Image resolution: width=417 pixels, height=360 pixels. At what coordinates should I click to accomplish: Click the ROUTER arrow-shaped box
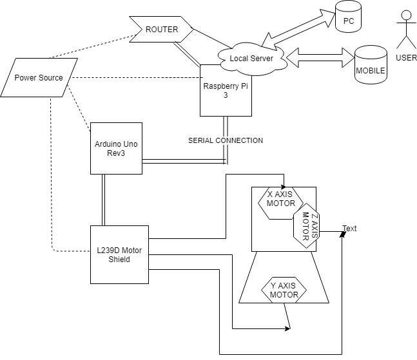(161, 30)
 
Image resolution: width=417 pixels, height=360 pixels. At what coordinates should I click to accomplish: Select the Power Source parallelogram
(39, 78)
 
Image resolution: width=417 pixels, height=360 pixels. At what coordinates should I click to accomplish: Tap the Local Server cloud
(251, 59)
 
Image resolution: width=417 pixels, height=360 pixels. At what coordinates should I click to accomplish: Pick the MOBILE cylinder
(371, 64)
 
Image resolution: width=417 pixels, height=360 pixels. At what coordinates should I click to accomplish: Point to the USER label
(406, 58)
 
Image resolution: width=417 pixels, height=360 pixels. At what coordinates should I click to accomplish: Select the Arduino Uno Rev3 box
(116, 149)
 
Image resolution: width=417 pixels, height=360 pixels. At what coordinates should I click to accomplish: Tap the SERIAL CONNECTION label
(225, 140)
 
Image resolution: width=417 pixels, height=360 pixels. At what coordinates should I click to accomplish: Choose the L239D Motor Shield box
(119, 254)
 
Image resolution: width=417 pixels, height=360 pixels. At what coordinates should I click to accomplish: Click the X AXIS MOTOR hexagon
(280, 200)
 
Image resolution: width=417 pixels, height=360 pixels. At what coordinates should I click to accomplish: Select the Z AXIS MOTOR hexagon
(306, 226)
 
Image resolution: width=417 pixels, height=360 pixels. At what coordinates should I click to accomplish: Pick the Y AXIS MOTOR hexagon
(284, 290)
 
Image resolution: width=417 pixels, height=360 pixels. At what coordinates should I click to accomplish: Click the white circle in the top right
(406, 15)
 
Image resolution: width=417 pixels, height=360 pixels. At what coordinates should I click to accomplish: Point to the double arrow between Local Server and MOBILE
(320, 58)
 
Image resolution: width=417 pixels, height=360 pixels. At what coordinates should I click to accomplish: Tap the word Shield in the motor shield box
(119, 260)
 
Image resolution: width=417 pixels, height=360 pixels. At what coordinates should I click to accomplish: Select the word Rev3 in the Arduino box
(116, 153)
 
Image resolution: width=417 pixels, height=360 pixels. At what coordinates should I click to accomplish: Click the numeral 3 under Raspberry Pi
(226, 95)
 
